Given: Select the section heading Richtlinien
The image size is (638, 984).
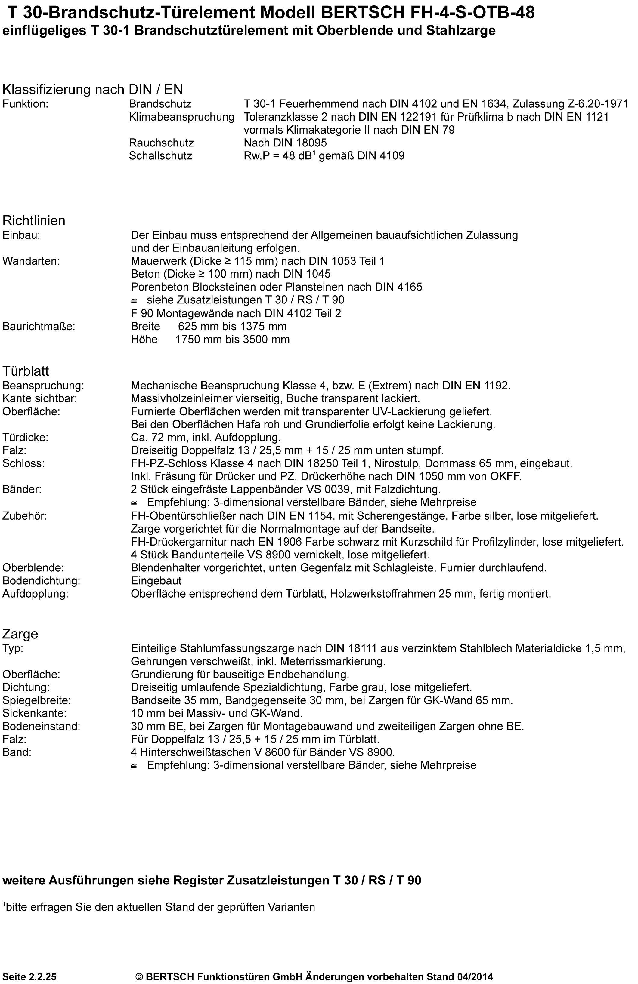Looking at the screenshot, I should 34,220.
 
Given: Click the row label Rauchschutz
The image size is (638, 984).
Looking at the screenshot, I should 161,143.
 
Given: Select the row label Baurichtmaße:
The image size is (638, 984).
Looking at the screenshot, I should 39,326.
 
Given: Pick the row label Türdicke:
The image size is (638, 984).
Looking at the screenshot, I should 25,437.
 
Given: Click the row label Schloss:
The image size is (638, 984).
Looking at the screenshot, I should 23,463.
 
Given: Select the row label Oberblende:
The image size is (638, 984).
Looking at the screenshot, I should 33,568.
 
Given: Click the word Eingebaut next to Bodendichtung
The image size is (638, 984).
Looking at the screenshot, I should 156,580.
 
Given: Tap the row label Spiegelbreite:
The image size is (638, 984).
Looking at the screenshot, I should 36,700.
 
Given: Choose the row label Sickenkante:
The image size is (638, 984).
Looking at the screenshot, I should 34,713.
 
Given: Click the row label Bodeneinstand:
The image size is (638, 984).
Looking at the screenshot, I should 41,727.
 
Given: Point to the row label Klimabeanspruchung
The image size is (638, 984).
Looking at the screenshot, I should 182,117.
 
